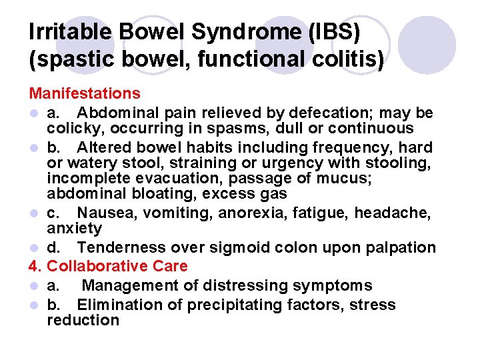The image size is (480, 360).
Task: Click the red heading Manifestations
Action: (85, 93)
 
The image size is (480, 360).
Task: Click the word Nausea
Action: (103, 213)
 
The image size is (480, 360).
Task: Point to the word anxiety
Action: (74, 228)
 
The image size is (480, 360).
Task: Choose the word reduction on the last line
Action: (83, 321)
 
